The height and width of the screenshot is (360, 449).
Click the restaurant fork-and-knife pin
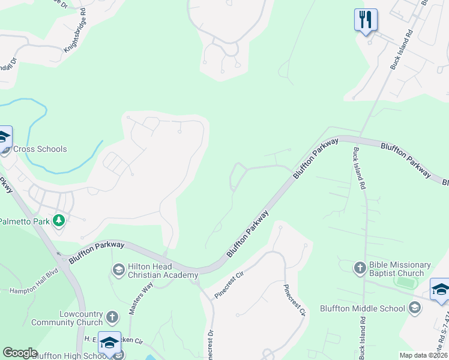pos(365,20)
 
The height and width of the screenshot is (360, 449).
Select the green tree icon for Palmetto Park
pos(59,221)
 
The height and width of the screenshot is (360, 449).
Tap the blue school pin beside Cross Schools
pos(3,137)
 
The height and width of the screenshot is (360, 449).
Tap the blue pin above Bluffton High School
pos(109,343)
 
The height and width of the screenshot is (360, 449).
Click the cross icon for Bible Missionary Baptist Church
pos(360,268)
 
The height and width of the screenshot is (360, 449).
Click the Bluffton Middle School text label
pos(371,308)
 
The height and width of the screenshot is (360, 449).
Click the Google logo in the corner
pos(19,353)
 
